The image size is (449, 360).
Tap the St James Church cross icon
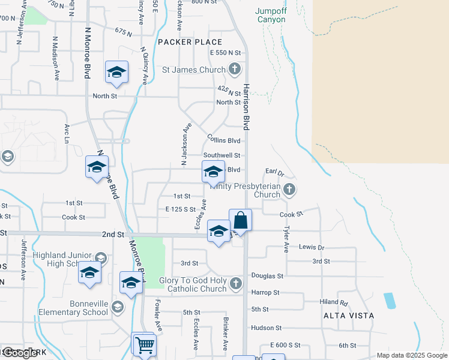point(235,70)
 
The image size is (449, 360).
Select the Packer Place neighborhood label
point(190,42)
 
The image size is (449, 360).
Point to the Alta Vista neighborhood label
point(348,315)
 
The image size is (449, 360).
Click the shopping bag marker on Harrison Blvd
point(240,221)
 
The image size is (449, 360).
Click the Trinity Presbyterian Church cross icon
point(290,190)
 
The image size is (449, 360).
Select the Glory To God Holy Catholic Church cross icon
point(236,283)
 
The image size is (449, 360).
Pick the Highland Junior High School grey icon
point(100,258)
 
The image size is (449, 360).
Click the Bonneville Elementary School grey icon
point(118,308)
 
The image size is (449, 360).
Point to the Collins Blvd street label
point(223,140)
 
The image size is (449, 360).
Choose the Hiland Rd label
point(334,302)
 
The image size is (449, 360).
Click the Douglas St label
point(267,276)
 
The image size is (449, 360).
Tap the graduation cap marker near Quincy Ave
point(116,73)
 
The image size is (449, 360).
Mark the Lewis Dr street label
point(312,247)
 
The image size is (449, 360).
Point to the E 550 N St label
point(229,53)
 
